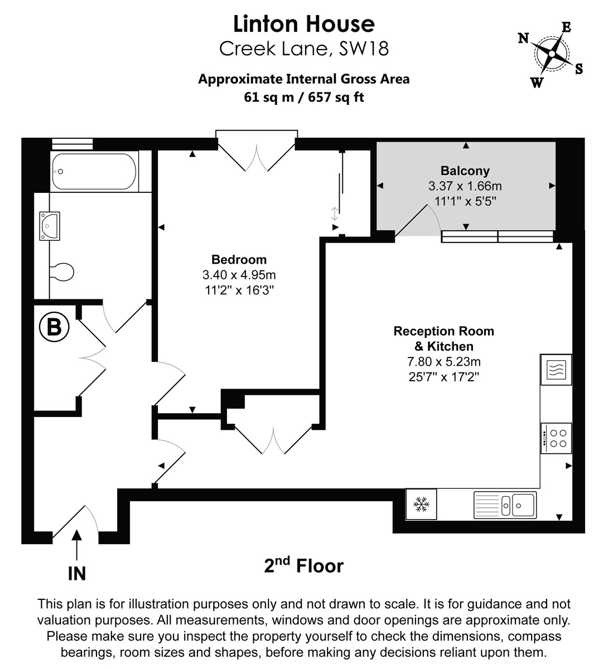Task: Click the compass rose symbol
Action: pos(551,55)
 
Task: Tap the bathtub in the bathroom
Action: pos(94,172)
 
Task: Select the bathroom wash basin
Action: pos(50,226)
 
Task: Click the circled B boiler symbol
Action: pos(54,327)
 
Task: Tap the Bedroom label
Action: pos(239,259)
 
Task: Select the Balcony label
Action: pos(465,171)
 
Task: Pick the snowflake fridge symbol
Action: pos(421,505)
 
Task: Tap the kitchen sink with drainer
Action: pos(505,505)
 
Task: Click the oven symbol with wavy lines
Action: pos(556,370)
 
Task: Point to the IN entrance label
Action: pos(76,573)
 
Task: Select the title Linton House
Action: pos(304,24)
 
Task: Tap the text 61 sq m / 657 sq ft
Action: pos(304,97)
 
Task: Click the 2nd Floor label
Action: pos(304,566)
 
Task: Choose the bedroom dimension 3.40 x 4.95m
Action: pos(239,275)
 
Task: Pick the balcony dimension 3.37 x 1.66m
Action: pos(465,186)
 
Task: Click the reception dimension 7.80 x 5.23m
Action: pos(443,362)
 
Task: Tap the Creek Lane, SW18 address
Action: pos(304,49)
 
